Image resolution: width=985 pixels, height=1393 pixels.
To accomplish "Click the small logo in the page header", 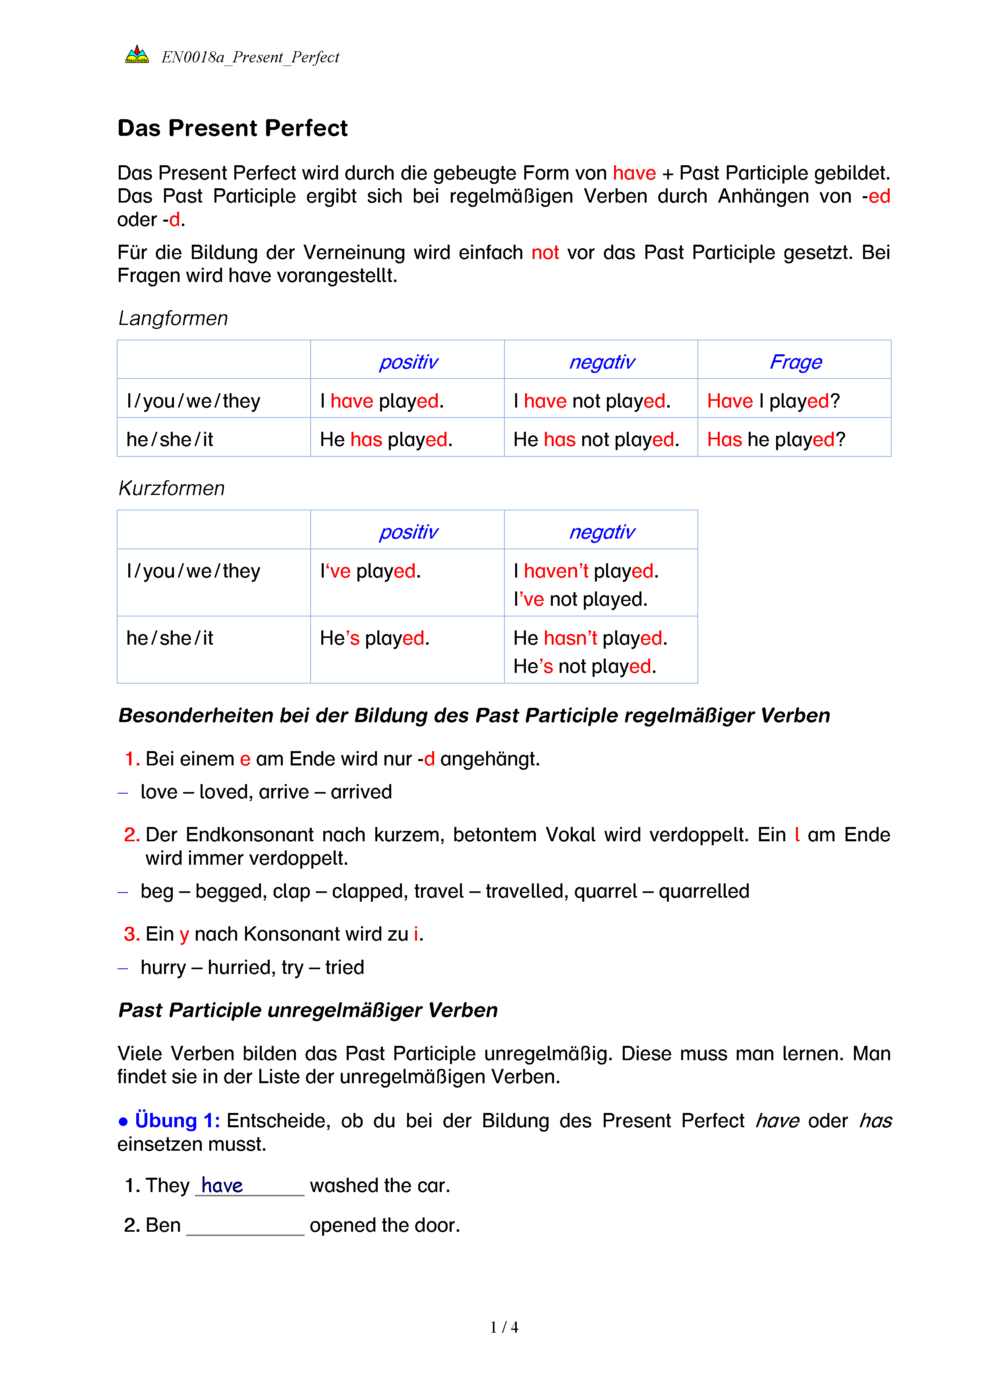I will pos(137,55).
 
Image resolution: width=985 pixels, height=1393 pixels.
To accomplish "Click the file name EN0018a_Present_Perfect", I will pos(250,57).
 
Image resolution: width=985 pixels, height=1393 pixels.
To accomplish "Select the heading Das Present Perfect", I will pos(232,129).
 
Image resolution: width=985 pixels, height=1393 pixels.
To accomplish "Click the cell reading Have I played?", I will pos(773,401).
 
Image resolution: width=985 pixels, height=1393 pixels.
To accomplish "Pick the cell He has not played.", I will pos(596,439).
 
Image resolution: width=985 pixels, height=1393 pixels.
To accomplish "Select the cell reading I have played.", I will pos(382,401).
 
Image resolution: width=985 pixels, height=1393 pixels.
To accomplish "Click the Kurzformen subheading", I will pos(172,489).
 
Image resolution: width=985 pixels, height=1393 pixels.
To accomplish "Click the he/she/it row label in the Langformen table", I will pos(170,439).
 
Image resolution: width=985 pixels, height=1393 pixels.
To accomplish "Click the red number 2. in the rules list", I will pos(131,835).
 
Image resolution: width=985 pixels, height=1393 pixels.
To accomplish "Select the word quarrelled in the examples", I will pos(703,891).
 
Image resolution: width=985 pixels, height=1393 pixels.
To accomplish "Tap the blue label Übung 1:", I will pos(177,1121).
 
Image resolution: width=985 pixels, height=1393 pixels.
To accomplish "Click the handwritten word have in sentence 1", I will pos(222,1185).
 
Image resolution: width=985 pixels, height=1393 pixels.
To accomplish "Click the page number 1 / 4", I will pos(504,1327).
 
